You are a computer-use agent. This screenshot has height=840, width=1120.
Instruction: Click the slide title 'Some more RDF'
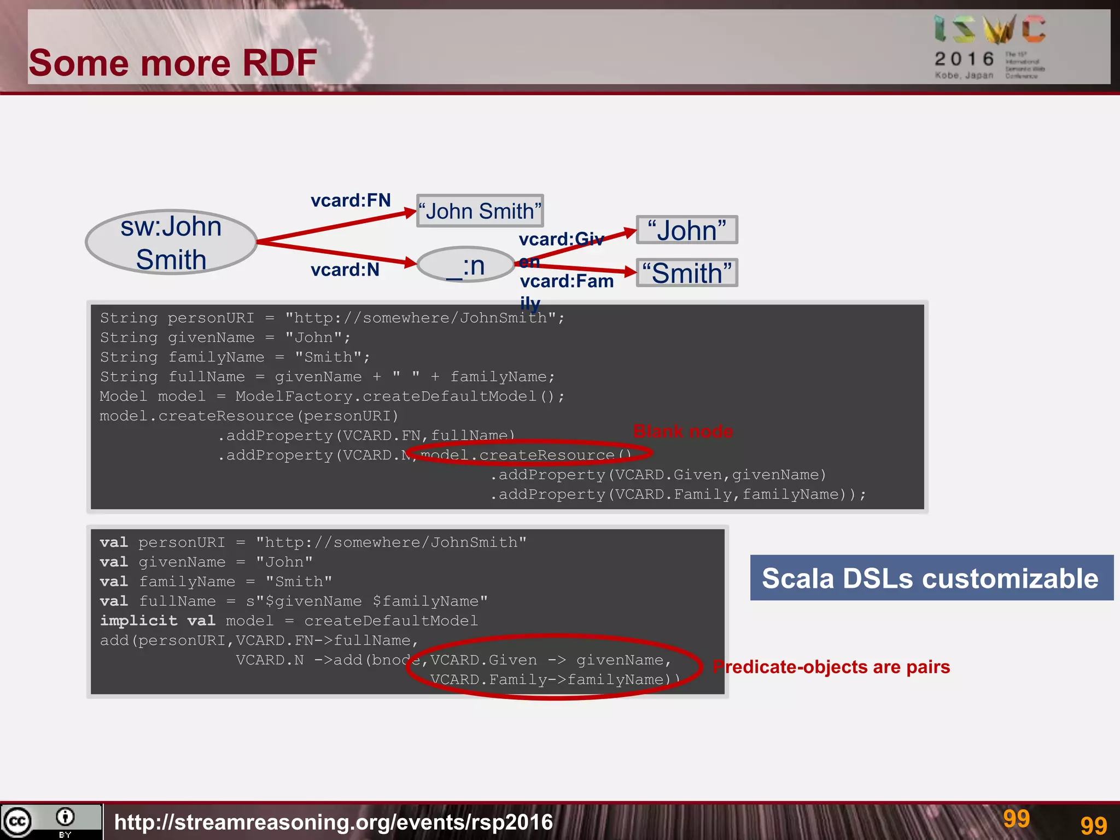172,62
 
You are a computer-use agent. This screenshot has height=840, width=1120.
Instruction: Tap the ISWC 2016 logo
989,47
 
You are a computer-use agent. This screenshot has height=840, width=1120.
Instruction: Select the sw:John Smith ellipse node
171,242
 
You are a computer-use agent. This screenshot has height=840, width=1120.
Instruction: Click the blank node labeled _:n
465,265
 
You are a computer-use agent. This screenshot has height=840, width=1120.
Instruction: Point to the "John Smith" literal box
480,211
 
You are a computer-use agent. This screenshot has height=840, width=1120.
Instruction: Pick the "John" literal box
687,230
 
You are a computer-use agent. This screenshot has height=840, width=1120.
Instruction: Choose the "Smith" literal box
687,273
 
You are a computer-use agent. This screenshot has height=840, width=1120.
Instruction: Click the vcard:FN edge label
351,200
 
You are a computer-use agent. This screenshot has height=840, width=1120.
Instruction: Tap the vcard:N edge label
345,270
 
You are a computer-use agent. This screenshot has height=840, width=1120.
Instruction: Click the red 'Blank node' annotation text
682,431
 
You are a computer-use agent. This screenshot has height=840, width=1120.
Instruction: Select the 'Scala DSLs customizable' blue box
930,578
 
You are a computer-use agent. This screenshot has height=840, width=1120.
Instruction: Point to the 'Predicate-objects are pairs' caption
831,667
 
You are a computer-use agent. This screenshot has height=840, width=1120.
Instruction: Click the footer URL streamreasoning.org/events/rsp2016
334,822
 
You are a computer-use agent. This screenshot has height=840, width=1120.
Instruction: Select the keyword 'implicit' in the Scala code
138,621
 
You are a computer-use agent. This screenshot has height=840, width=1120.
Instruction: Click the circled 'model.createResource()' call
526,455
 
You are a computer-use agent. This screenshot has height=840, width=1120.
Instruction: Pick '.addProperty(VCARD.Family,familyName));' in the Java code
678,494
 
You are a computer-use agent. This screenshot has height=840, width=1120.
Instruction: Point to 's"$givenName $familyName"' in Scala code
366,601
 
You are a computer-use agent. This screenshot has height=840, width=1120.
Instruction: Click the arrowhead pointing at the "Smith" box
630,271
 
